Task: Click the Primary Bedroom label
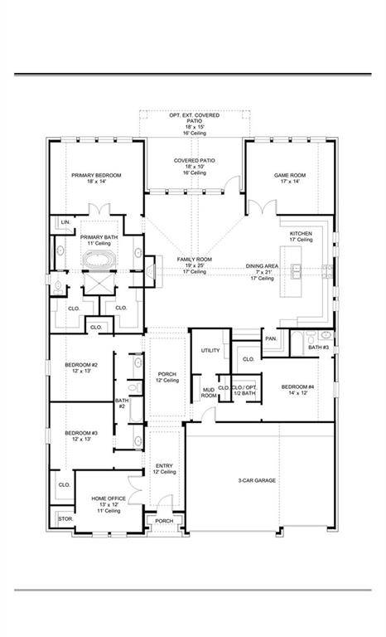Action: coord(96,176)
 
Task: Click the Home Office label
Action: coord(107,500)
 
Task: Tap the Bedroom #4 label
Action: coord(297,387)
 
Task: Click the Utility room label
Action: coord(210,350)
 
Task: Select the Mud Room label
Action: coord(210,393)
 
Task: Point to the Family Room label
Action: coord(195,260)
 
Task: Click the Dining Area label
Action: coord(260,266)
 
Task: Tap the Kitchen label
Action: coord(301,235)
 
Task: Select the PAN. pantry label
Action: coord(271,338)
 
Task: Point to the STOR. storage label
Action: coord(65,519)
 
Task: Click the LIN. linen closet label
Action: coord(65,222)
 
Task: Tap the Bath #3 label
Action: coord(319,347)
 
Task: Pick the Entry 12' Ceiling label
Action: coord(164,467)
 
